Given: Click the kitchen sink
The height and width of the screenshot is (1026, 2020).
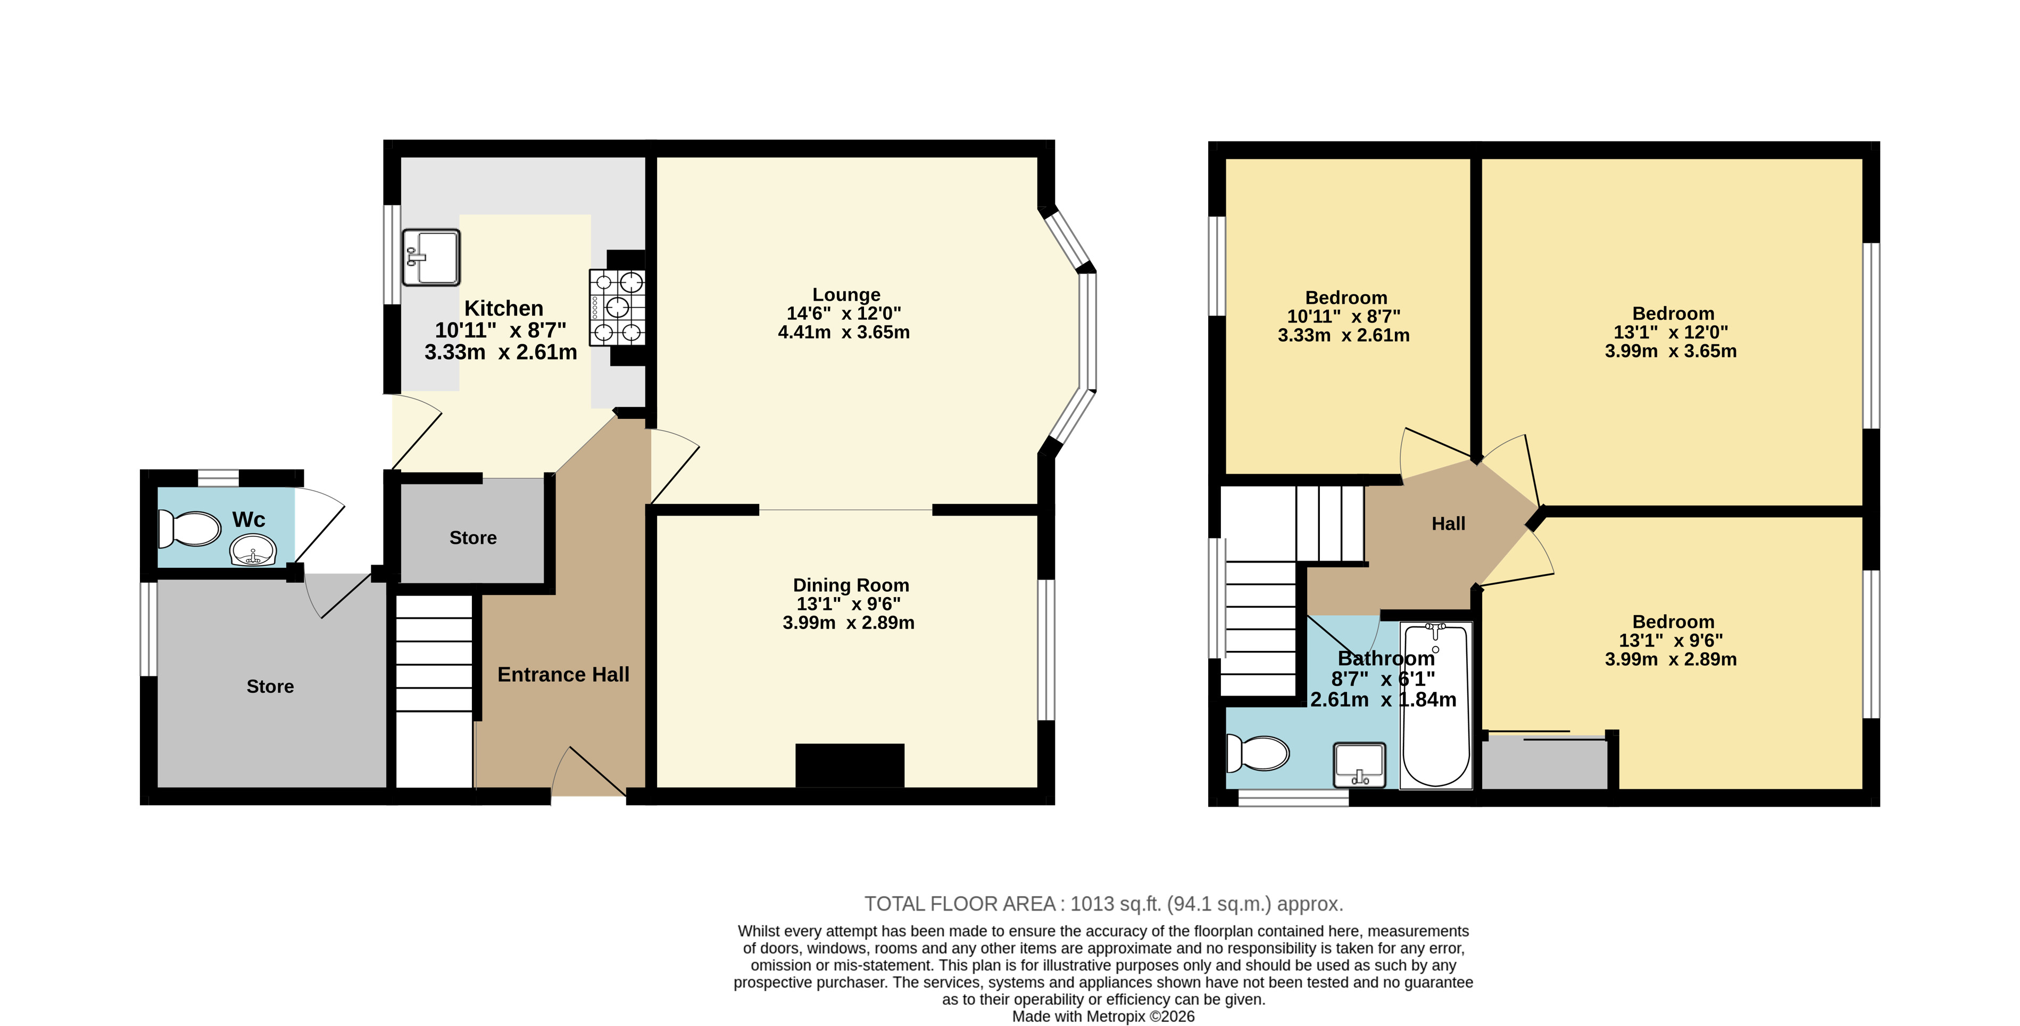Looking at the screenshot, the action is pos(430,257).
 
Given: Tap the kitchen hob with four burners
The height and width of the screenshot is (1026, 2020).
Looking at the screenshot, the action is pos(617,307).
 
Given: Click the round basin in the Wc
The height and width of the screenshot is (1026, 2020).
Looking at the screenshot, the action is pos(253,550).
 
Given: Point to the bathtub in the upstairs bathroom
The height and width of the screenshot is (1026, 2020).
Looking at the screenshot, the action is pos(1436,705).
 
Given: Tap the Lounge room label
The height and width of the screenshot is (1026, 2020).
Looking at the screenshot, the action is pos(846,295).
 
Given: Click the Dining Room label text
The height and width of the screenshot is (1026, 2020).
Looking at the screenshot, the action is pos(851,585).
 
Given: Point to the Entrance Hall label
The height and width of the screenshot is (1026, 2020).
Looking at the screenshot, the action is pos(563,675).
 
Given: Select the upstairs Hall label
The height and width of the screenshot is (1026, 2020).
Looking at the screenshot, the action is pos(1448,524).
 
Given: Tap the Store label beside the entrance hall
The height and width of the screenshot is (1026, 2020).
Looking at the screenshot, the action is pos(473,538).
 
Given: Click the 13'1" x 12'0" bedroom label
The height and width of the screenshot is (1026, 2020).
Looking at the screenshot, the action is pos(1670,333).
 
